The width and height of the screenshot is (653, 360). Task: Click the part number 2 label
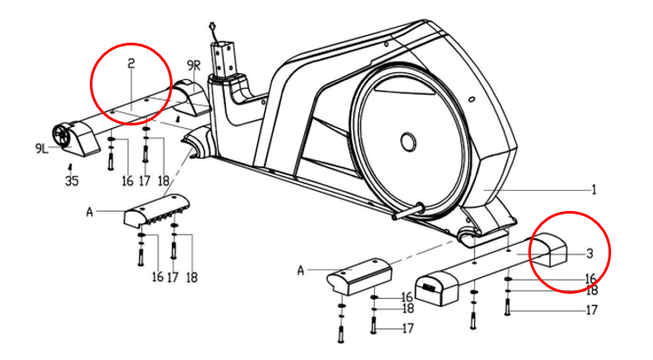pyautogui.click(x=131, y=64)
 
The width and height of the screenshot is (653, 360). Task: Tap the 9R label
pyautogui.click(x=194, y=65)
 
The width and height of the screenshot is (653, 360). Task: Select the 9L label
pyautogui.click(x=42, y=148)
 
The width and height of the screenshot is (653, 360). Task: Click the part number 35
pyautogui.click(x=72, y=181)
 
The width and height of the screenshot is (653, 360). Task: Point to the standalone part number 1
pyautogui.click(x=595, y=190)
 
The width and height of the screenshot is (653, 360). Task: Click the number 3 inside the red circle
pyautogui.click(x=589, y=253)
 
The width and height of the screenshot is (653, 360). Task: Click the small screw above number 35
pyautogui.click(x=71, y=167)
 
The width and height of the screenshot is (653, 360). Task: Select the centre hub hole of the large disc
pyautogui.click(x=408, y=142)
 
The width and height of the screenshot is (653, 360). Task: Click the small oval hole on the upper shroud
pyautogui.click(x=472, y=99)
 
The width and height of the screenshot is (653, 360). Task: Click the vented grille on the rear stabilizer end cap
pyautogui.click(x=429, y=287)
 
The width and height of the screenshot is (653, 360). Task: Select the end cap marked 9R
pyautogui.click(x=192, y=97)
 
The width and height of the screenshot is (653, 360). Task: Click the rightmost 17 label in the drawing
pyautogui.click(x=592, y=310)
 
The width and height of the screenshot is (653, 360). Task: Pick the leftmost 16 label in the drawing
pyautogui.click(x=128, y=181)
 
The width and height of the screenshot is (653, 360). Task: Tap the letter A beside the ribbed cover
pyautogui.click(x=90, y=212)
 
